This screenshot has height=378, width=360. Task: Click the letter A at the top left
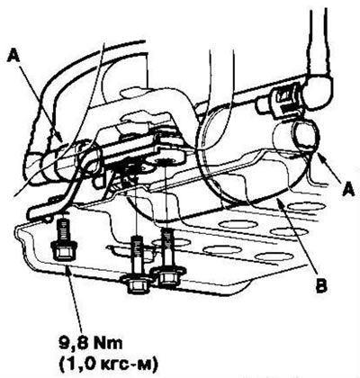click(x=14, y=56)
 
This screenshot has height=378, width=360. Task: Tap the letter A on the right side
click(x=347, y=189)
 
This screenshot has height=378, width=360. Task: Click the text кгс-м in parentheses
click(x=130, y=364)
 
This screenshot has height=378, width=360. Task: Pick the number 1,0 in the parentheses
click(x=85, y=364)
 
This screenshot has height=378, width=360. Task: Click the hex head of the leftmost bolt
click(x=62, y=249)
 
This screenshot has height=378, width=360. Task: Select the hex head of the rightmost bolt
click(x=166, y=275)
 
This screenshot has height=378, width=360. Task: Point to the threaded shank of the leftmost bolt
click(x=62, y=229)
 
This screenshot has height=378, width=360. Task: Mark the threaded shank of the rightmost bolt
click(x=167, y=248)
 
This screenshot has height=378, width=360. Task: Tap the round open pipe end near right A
click(x=307, y=135)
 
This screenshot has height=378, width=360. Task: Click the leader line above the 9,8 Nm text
click(x=74, y=300)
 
